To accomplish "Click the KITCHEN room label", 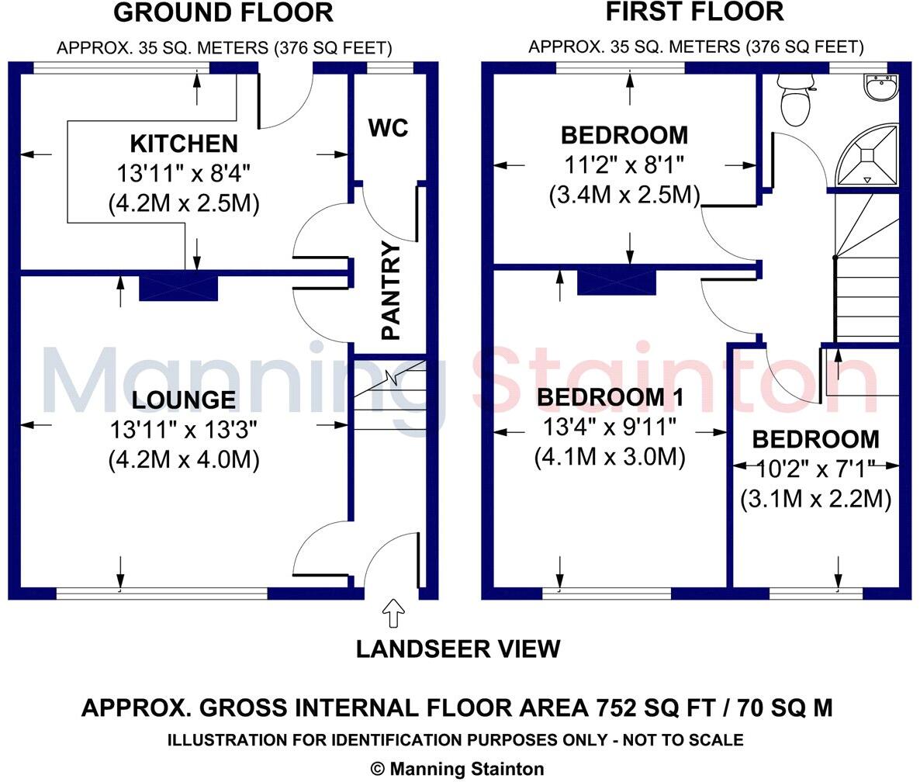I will (184, 144).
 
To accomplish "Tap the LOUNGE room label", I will (184, 400).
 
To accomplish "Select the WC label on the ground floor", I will (388, 128).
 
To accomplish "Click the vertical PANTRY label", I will (392, 291).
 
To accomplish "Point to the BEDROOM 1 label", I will (610, 397).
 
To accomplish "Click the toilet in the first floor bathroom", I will (794, 101).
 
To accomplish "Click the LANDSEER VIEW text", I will (458, 649).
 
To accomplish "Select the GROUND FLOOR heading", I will (223, 13).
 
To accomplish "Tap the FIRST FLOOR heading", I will (694, 12).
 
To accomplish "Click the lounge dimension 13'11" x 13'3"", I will (184, 428).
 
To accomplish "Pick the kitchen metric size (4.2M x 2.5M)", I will (184, 203).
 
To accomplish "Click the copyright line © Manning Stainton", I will (458, 769).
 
